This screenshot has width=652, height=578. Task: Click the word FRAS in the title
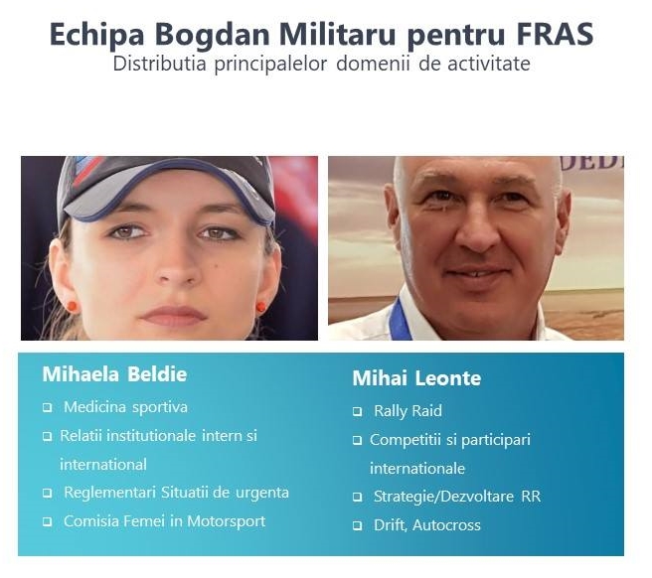(555, 34)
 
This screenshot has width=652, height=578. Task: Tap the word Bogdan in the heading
(213, 35)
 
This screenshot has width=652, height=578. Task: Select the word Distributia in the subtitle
(160, 64)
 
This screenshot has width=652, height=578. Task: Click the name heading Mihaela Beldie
(114, 374)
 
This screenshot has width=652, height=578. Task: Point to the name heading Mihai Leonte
(416, 378)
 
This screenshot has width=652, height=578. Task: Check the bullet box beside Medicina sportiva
(48, 407)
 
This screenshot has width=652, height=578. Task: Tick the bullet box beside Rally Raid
(357, 412)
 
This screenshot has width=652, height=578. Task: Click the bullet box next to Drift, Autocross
(357, 526)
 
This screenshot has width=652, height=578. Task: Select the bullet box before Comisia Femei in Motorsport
(48, 522)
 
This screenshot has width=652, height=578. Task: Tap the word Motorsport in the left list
(227, 521)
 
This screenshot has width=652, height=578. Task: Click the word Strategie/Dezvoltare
(443, 497)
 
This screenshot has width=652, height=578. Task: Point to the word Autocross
(446, 525)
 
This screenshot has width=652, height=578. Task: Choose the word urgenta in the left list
(262, 494)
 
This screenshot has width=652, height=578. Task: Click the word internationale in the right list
(417, 469)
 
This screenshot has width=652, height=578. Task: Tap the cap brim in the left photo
(166, 196)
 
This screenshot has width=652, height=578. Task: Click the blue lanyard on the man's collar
(400, 320)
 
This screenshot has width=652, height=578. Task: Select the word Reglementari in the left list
(110, 494)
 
